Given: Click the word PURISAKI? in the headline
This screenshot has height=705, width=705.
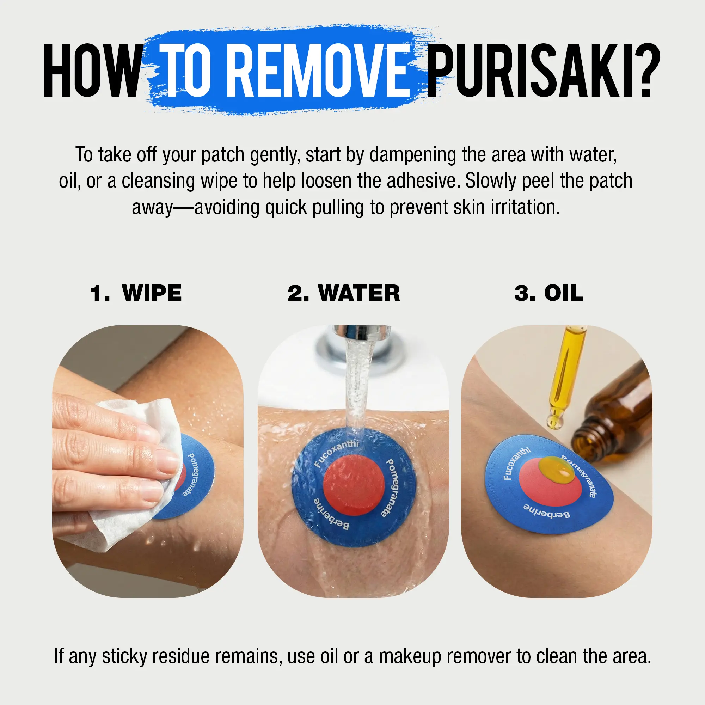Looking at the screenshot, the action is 544,70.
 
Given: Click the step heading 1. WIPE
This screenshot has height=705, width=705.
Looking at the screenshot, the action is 136,293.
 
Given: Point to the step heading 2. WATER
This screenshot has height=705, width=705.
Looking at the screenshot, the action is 344,293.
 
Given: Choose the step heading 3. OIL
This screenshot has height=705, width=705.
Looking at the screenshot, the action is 548,293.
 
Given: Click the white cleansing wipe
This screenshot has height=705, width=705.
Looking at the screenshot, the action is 135,471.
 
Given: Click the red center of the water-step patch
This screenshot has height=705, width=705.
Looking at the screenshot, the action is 354,485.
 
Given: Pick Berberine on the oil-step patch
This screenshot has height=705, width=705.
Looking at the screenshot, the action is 546,510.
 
